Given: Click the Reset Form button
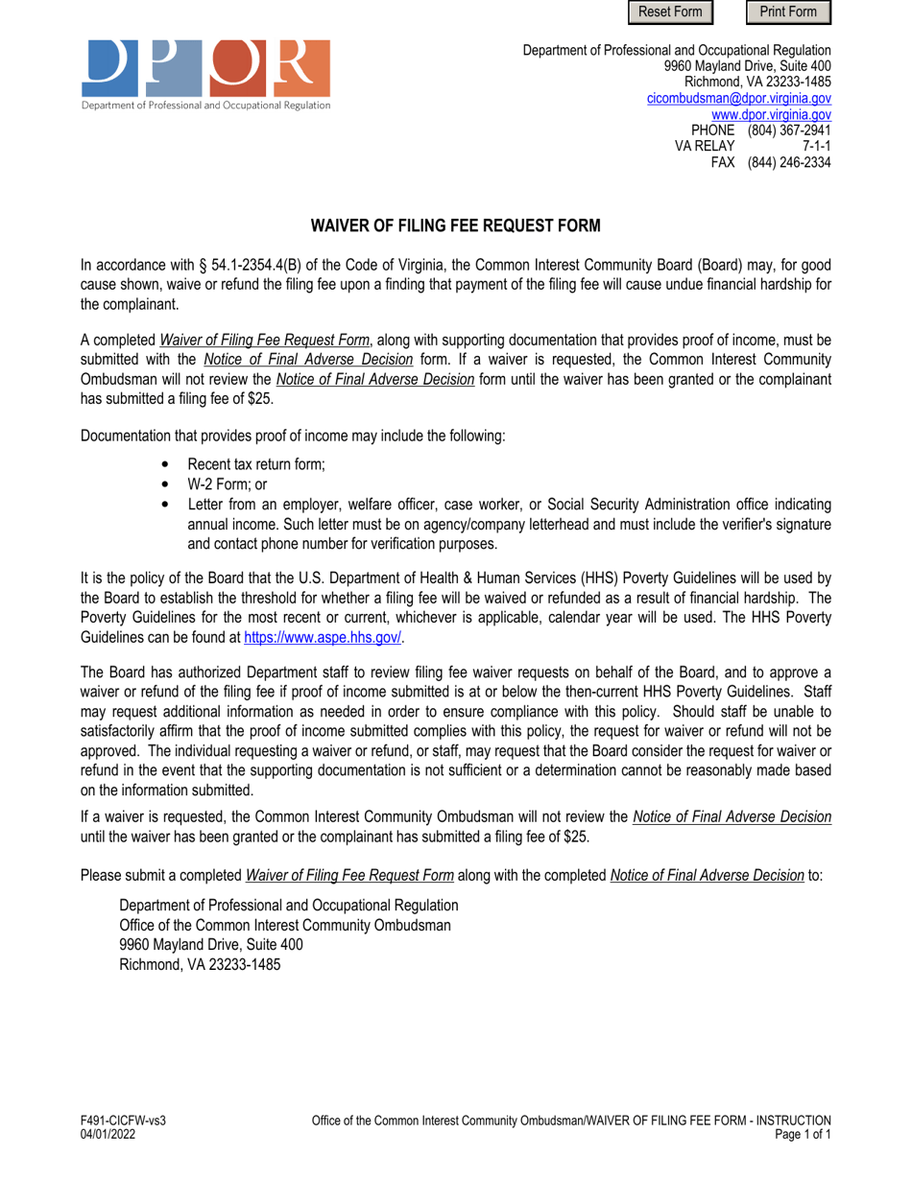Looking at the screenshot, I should click(x=671, y=12).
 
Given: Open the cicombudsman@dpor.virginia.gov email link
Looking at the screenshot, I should click(x=738, y=98).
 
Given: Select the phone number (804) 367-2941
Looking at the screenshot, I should click(x=789, y=130).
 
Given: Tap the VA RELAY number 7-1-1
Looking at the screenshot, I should click(x=816, y=146).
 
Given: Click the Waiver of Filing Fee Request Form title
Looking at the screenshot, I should click(x=455, y=226).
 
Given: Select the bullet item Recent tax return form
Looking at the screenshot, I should click(x=256, y=465).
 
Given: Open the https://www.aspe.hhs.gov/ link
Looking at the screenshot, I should click(x=323, y=637).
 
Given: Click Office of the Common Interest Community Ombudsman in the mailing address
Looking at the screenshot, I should click(x=284, y=925).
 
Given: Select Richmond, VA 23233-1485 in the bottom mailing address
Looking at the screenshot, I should click(x=200, y=965).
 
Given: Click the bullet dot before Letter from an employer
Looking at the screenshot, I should click(x=167, y=505).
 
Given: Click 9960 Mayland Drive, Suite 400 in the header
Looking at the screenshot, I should click(x=747, y=66).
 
